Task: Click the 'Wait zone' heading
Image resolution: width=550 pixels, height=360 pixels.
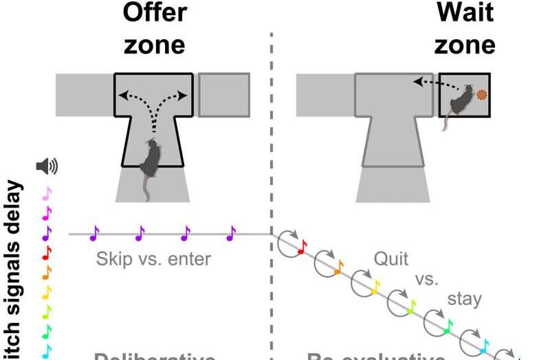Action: coord(465,29)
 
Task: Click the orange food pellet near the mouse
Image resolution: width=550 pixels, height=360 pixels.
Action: coord(483,95)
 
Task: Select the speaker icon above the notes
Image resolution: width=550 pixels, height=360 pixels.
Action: coord(47,166)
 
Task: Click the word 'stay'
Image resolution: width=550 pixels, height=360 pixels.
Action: coord(465,300)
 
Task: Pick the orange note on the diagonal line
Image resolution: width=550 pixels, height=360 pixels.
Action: coord(339,268)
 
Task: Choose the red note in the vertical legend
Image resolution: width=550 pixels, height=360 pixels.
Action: coord(47,253)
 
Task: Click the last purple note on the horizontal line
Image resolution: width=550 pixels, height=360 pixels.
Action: coord(231,234)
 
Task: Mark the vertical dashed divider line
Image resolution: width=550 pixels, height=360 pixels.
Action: coord(272,172)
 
